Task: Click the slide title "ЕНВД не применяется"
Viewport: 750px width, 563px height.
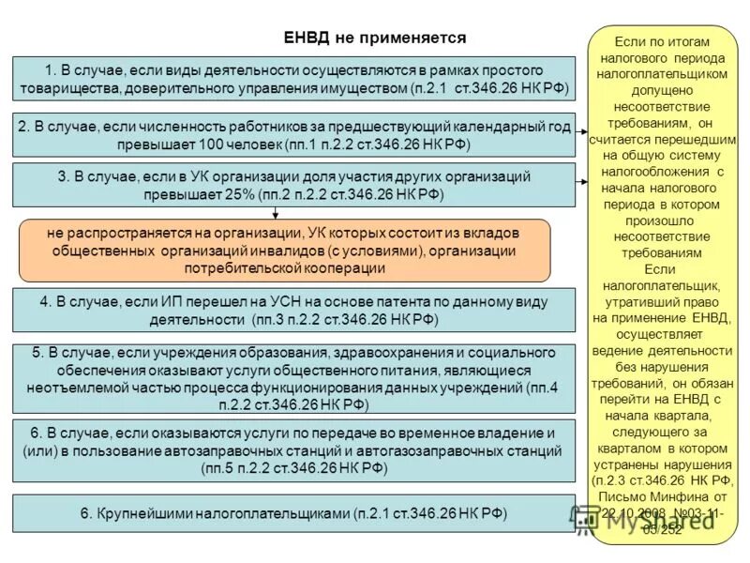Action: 374,38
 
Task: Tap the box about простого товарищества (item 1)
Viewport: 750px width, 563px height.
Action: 293,79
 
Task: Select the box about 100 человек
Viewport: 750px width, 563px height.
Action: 293,135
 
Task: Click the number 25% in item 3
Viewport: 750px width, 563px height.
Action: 258,193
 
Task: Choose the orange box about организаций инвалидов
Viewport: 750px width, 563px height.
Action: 285,251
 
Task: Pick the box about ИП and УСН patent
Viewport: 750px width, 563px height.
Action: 293,311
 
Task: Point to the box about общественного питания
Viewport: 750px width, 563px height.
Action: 293,379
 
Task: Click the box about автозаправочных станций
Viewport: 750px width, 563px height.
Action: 293,452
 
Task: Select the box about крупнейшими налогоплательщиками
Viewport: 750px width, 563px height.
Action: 293,514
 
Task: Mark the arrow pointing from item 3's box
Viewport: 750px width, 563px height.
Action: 582,176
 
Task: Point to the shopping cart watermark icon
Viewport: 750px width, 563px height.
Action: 587,519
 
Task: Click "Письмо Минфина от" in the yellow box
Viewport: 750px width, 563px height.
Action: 662,496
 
